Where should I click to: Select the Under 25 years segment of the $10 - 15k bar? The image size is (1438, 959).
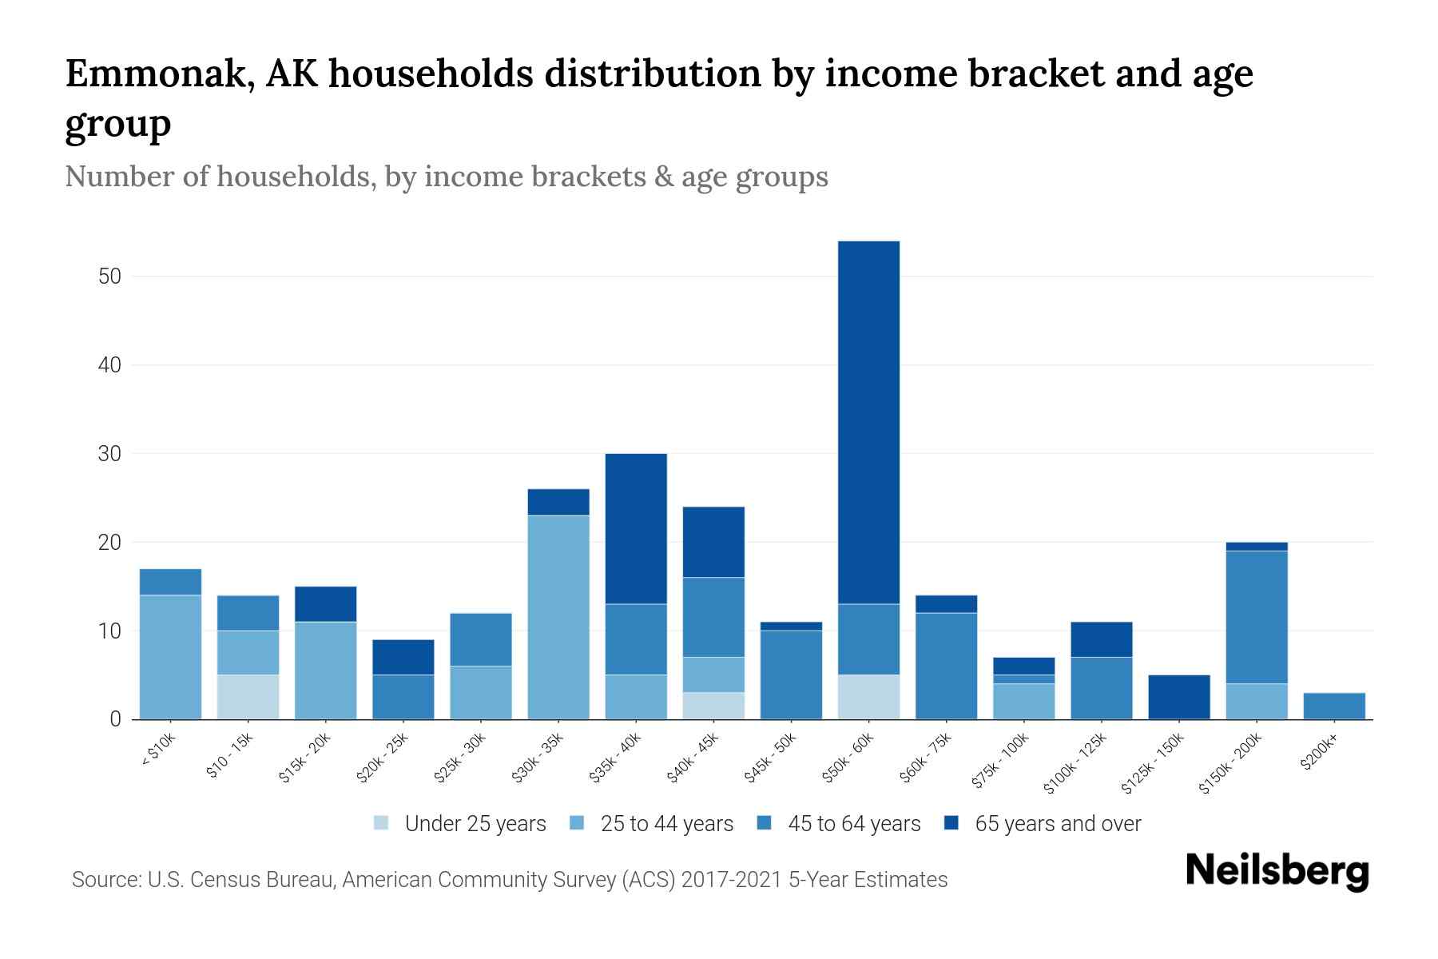pos(248,697)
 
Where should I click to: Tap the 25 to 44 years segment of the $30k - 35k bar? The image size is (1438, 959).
pos(558,617)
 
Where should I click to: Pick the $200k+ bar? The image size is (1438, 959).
pos(1334,706)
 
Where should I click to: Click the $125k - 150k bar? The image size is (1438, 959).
pos(1179,697)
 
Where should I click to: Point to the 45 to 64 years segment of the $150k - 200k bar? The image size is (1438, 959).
pos(1257,617)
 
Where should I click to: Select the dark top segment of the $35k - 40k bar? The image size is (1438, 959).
pos(636,528)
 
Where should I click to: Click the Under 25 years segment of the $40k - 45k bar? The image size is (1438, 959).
pos(713,706)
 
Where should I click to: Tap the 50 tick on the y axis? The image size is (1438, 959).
pos(109,277)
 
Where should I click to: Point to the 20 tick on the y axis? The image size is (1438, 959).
pos(109,543)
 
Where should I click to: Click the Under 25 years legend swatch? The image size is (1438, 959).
pos(382,823)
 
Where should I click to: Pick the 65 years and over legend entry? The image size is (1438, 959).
pos(1057,823)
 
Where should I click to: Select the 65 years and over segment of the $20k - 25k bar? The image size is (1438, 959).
pos(403,657)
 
